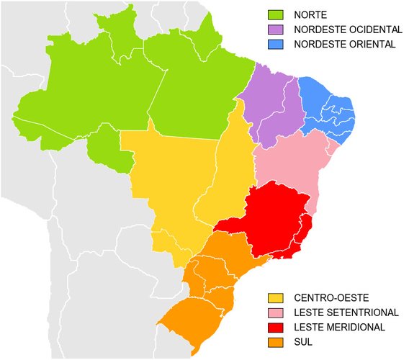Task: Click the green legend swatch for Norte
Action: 276,14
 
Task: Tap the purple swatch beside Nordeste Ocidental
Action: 276,30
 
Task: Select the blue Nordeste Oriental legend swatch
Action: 276,44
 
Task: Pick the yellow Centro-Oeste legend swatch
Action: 276,297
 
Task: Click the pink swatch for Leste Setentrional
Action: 276,312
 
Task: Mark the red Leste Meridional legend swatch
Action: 276,327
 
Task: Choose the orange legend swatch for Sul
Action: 276,341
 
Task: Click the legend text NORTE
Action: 311,14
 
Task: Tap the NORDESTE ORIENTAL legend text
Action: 343,44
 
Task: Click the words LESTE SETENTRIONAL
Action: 346,312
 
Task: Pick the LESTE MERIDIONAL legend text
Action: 339,327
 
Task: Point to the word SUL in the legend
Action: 304,341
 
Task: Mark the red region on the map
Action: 274,216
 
